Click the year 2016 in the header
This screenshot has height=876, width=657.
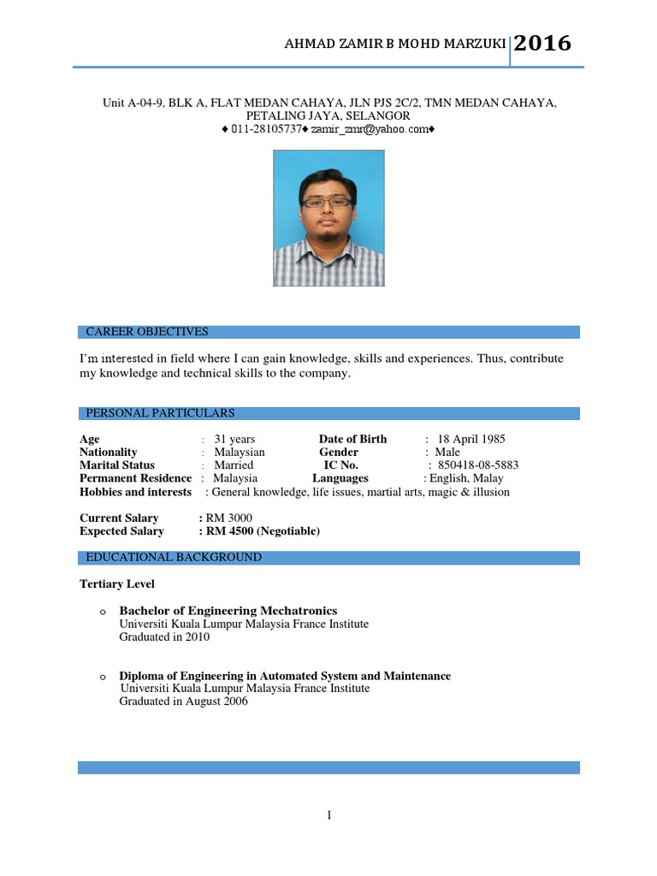(x=542, y=44)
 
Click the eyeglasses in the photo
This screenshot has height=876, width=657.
(x=328, y=203)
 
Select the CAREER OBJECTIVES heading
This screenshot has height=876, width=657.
(x=147, y=332)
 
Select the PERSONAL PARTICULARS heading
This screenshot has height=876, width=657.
(x=160, y=413)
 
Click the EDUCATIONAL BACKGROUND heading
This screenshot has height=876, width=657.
(x=174, y=557)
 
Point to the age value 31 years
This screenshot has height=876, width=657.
(x=234, y=439)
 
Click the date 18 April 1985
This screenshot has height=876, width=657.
(x=471, y=439)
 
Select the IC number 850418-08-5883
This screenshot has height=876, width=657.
(x=479, y=465)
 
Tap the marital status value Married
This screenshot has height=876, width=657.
(x=234, y=465)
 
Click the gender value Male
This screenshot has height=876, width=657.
(x=447, y=452)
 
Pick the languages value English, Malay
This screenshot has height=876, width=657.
(x=466, y=478)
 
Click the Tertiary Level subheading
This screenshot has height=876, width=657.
(x=117, y=583)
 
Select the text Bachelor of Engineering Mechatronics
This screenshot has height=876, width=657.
(x=228, y=611)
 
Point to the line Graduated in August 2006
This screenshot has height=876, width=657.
(x=183, y=701)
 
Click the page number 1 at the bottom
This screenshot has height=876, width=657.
(x=328, y=815)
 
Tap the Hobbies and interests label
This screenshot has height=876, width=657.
(x=135, y=492)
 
